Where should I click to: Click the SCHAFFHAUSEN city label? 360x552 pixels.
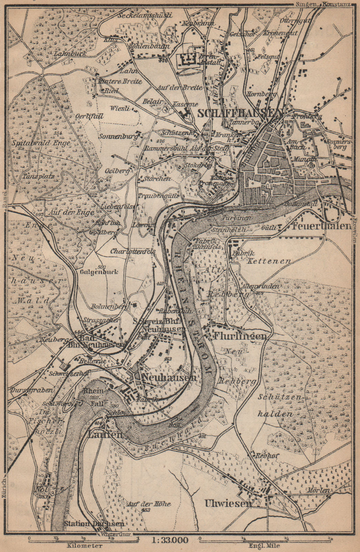click(x=240, y=113)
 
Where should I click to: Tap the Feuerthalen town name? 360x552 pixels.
click(x=321, y=226)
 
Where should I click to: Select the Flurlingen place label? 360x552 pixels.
click(x=240, y=336)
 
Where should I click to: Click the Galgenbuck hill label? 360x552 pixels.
click(x=99, y=272)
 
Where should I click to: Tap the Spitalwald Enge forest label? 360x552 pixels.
click(x=41, y=142)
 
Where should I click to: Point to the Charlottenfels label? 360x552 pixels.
click(x=133, y=252)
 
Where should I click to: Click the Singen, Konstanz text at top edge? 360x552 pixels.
click(x=323, y=4)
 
